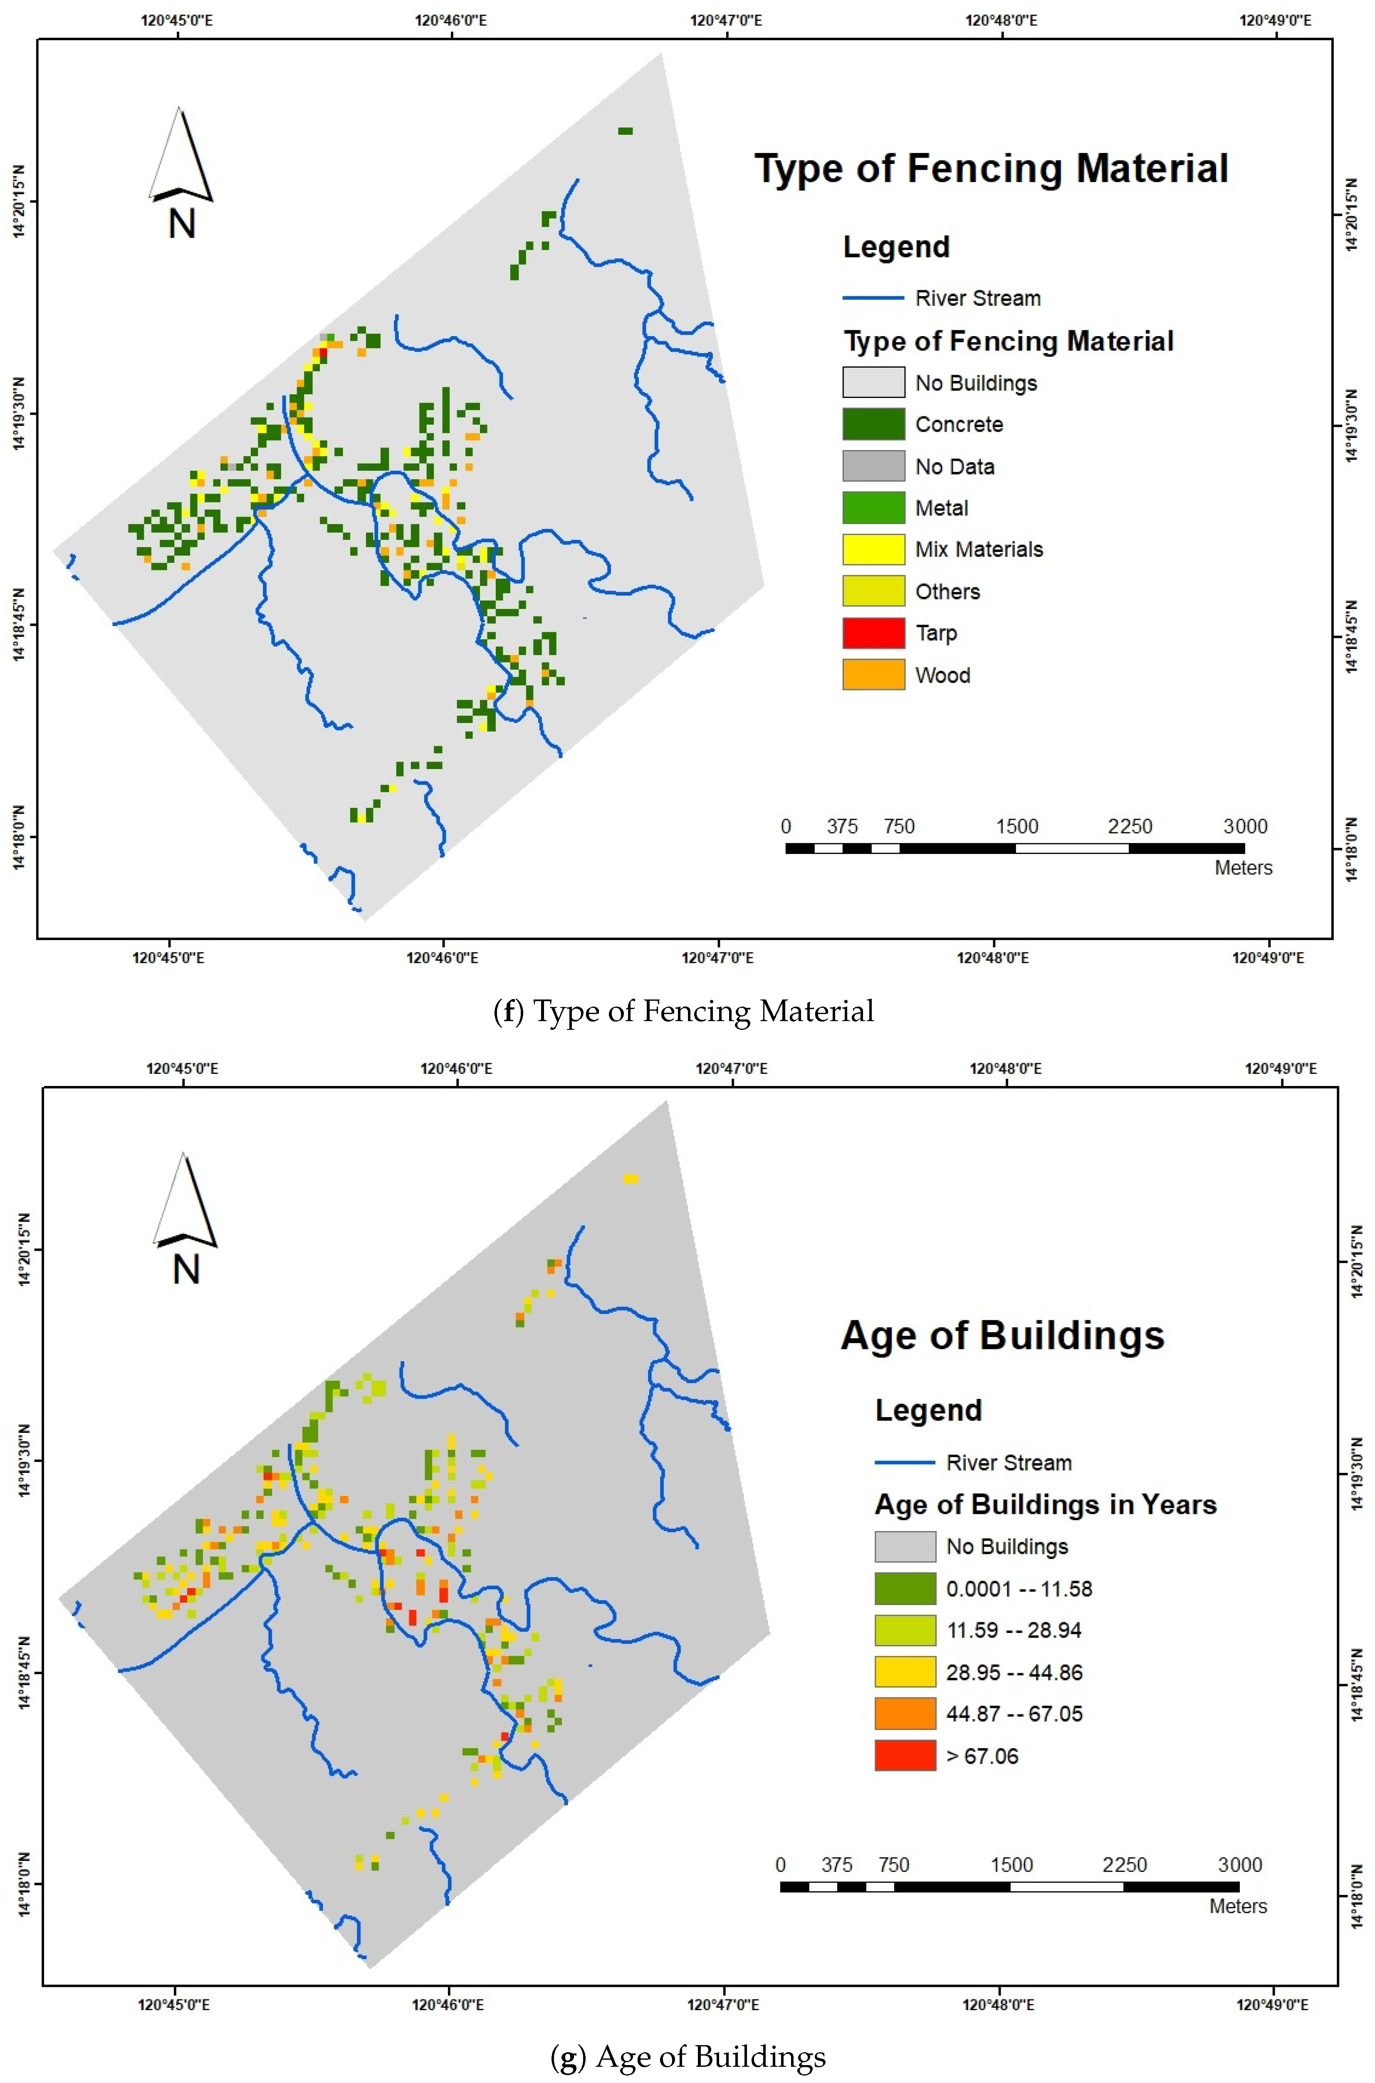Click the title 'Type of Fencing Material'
991,168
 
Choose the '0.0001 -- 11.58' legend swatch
905,1589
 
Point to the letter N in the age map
186,1270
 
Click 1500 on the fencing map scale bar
1016,826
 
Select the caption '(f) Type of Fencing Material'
684,1011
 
